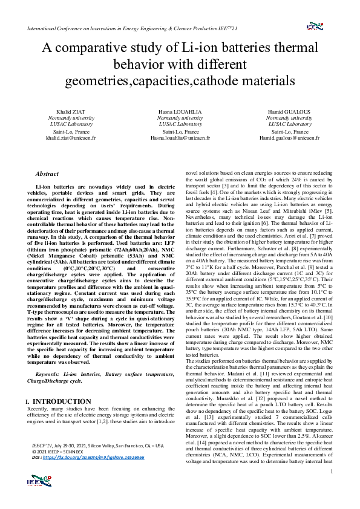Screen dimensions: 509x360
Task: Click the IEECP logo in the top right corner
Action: coord(315,27)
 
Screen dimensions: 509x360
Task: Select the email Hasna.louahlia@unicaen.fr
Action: coord(180,137)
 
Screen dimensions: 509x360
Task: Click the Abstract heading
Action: coord(47,173)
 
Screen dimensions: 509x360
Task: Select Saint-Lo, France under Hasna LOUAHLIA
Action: coord(180,131)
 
